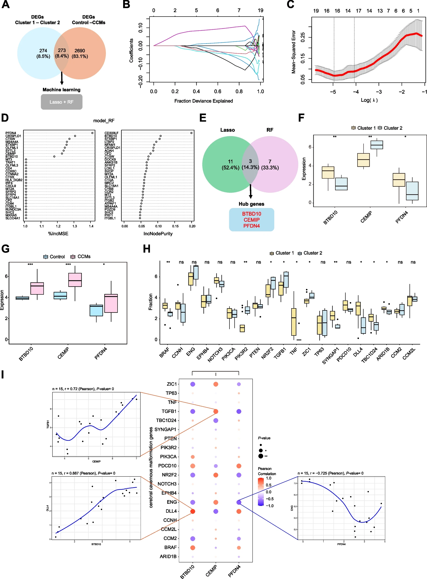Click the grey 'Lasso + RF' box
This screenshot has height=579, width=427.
pos(62,102)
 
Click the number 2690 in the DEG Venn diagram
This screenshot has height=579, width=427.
pos(80,51)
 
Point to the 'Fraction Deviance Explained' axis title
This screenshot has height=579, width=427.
pos(203,101)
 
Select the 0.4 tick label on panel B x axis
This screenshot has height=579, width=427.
pos(196,91)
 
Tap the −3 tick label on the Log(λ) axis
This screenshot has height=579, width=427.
pos(379,92)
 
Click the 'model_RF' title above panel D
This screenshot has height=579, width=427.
pos(104,120)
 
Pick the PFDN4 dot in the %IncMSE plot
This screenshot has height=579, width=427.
pos(92,133)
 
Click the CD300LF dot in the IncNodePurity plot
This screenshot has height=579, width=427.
pos(191,133)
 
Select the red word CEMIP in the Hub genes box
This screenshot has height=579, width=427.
pos(251,220)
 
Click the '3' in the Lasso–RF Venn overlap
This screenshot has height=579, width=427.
pos(250,161)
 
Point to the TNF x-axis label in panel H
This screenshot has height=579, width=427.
pos(293,352)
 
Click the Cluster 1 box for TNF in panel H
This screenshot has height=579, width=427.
pos(294,321)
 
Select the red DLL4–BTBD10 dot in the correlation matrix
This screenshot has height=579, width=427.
pos(193,511)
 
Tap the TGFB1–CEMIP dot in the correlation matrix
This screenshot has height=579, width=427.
pos(215,411)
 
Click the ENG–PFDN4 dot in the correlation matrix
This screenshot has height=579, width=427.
pos(239,502)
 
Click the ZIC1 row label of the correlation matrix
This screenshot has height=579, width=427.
pos(172,384)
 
